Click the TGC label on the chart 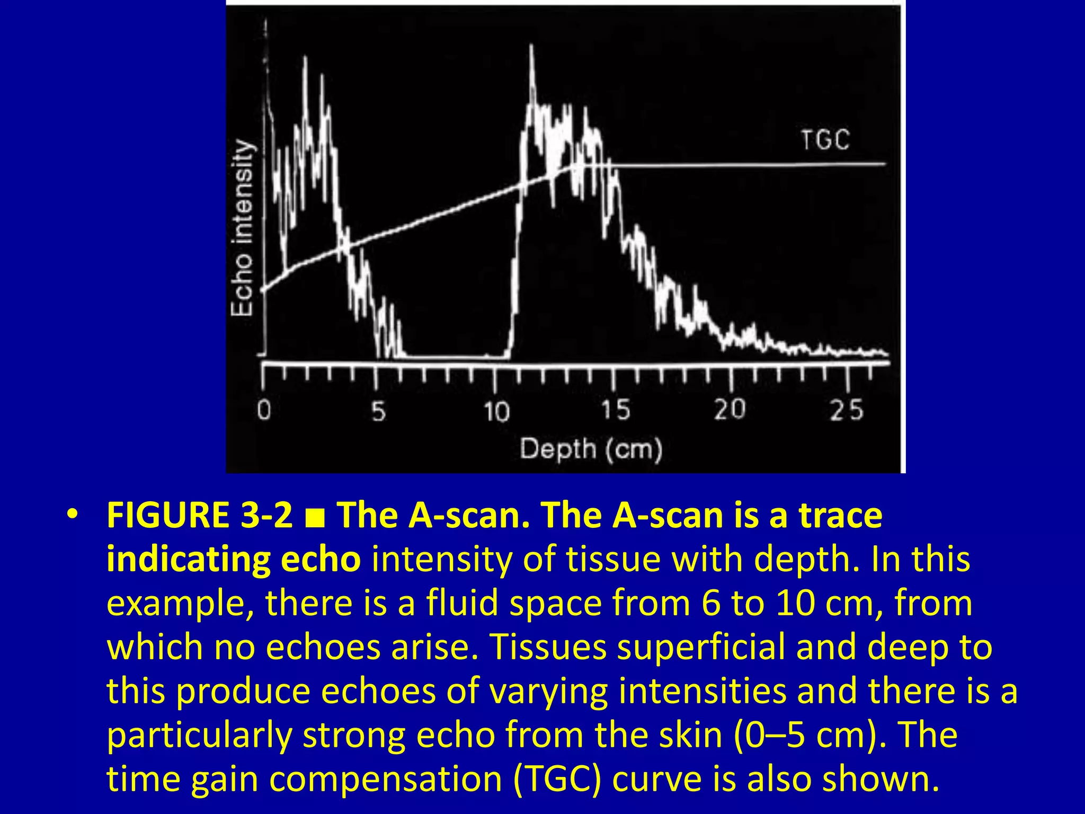825,140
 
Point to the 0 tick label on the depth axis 264,410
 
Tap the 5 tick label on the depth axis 378,411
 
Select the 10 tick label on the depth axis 496,411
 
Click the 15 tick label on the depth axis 616,410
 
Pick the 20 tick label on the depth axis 730,409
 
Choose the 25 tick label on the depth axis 847,410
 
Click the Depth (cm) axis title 591,449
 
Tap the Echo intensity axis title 243,228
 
